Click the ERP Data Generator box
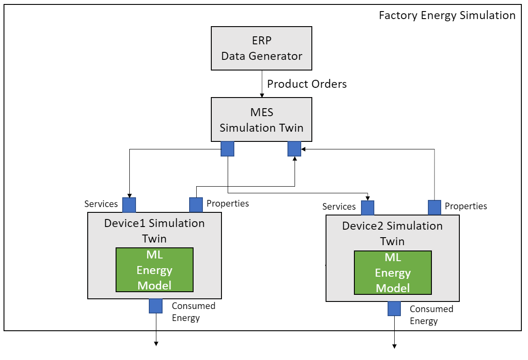pyautogui.click(x=261, y=48)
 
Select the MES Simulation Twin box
pyautogui.click(x=261, y=119)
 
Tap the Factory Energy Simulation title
pyautogui.click(x=447, y=16)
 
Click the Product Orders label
pyautogui.click(x=307, y=84)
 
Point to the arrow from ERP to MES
pyautogui.click(x=262, y=84)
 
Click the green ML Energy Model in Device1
pyautogui.click(x=155, y=270)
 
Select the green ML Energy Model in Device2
pyautogui.click(x=392, y=273)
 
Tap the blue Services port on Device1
pyautogui.click(x=129, y=205)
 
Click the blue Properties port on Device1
pyautogui.click(x=196, y=205)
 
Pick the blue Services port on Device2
pyautogui.click(x=368, y=207)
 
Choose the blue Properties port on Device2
pyautogui.click(x=435, y=207)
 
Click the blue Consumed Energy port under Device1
pyautogui.click(x=156, y=306)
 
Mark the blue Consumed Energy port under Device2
pyautogui.click(x=394, y=309)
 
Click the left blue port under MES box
pyautogui.click(x=228, y=149)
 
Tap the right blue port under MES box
pyautogui.click(x=294, y=149)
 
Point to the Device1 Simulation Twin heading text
pyautogui.click(x=154, y=231)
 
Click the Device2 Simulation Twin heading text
pyautogui.click(x=392, y=233)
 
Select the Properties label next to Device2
pyautogui.click(x=466, y=206)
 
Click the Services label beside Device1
pyautogui.click(x=101, y=204)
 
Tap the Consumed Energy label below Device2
pyautogui.click(x=431, y=315)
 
